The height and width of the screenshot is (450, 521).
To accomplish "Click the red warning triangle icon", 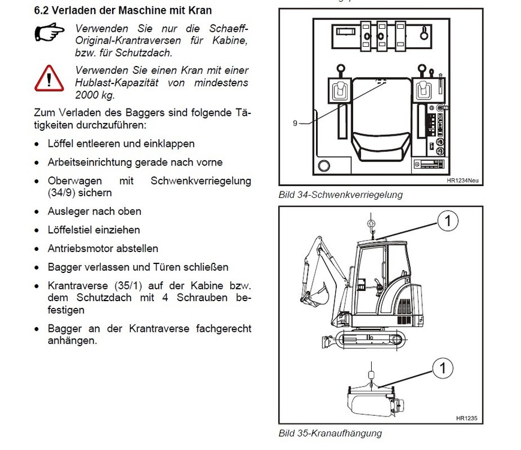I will click(x=49, y=77).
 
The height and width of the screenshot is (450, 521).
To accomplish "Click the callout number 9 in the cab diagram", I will click(x=295, y=123).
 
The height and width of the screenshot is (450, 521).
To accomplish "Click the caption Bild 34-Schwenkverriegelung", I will click(x=341, y=194).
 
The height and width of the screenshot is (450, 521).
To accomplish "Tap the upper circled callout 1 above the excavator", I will click(x=447, y=222).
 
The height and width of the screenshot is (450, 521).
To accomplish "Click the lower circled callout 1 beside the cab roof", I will click(x=443, y=366).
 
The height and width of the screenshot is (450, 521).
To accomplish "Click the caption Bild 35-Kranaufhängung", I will click(x=330, y=433).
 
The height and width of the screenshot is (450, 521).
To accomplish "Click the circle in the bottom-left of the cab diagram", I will click(x=324, y=166).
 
